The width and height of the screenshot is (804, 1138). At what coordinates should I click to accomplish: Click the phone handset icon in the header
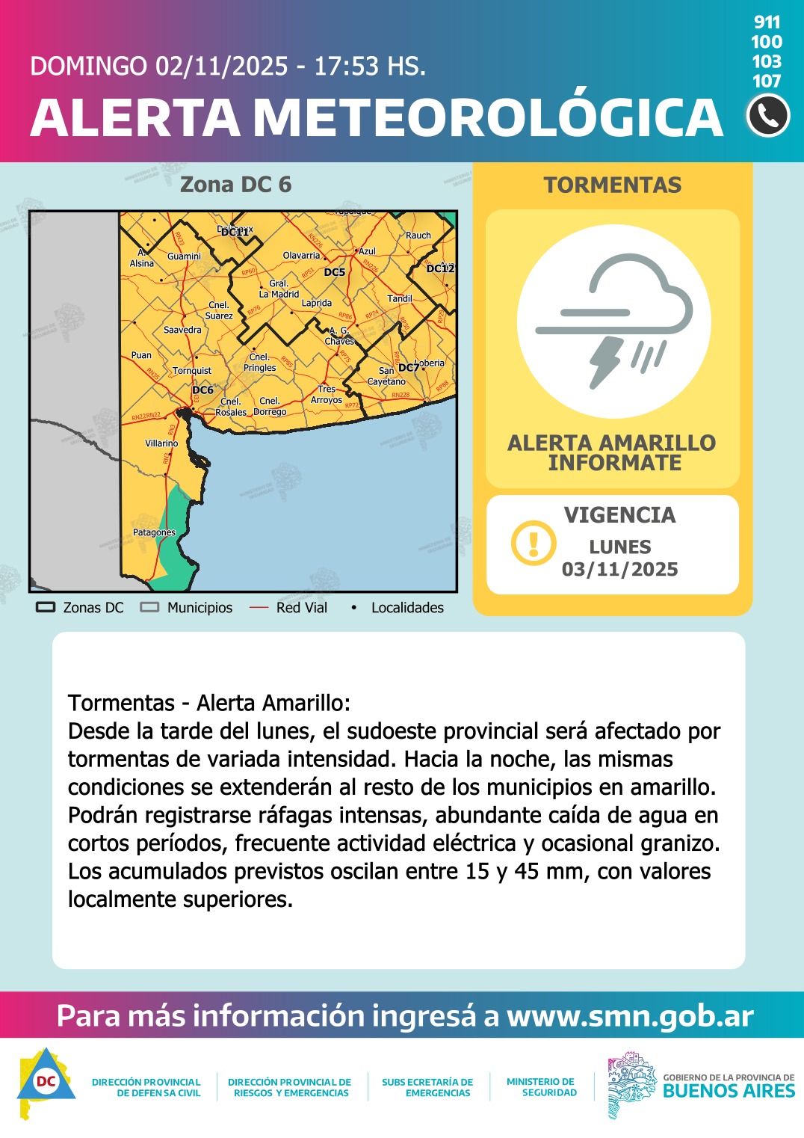[x=768, y=116]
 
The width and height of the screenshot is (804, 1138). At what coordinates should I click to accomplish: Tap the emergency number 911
[x=767, y=22]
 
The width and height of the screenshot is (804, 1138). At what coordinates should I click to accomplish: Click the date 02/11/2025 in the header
[x=221, y=67]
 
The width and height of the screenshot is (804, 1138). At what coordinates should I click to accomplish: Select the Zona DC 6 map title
[x=235, y=185]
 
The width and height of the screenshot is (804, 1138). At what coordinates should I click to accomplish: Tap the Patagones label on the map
[x=154, y=532]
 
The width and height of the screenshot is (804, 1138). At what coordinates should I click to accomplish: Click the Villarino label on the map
[x=161, y=443]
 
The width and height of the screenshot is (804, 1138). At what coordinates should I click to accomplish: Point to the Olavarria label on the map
[x=301, y=256]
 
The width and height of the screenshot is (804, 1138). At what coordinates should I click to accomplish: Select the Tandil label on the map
[x=400, y=298]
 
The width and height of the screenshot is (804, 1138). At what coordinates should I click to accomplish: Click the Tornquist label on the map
[x=192, y=371]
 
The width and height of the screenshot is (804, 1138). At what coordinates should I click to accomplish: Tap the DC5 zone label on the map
[x=335, y=272]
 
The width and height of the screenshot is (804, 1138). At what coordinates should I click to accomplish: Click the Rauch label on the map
[x=418, y=236]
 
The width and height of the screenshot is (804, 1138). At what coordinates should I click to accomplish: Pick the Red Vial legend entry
[x=301, y=608]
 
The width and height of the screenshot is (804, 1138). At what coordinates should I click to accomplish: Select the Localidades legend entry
[x=407, y=608]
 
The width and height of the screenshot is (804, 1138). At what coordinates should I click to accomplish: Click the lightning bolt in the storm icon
[x=606, y=362]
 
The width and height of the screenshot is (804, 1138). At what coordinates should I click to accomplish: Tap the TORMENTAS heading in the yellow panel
[x=613, y=185]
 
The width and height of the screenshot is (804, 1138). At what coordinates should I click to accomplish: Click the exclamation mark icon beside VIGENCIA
[x=534, y=543]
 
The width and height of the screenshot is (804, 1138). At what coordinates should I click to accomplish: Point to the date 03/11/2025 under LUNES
[x=620, y=570]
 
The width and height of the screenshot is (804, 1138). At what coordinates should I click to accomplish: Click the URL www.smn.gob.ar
[x=630, y=1016]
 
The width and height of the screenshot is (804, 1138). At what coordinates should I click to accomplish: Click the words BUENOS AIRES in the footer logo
[x=729, y=1091]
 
